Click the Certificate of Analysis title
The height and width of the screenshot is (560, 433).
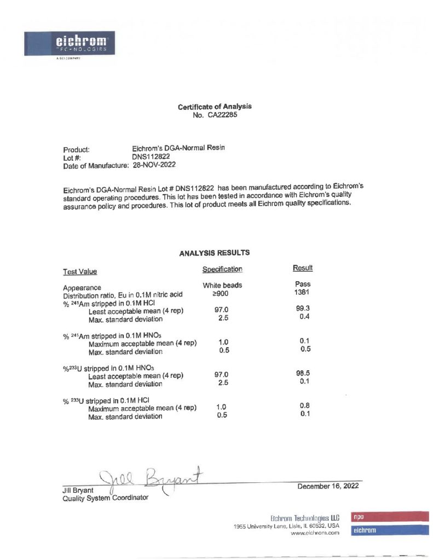(x=215, y=107)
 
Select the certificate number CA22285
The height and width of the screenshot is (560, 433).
(x=221, y=115)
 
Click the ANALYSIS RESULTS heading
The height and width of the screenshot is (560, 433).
(x=215, y=253)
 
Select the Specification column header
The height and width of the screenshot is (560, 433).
(x=222, y=269)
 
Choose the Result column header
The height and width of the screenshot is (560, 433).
(x=303, y=268)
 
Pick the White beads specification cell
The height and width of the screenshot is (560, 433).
(x=222, y=285)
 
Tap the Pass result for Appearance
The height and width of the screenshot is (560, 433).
(x=303, y=284)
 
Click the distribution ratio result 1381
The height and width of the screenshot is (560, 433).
(x=303, y=293)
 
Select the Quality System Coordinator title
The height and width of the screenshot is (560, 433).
(x=105, y=498)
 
